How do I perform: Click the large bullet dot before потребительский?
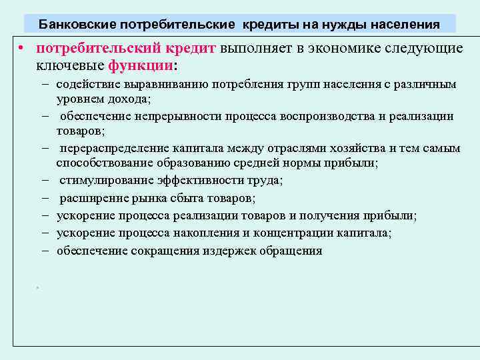click(22, 50)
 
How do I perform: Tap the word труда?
click(265, 180)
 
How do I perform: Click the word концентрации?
click(304, 233)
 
